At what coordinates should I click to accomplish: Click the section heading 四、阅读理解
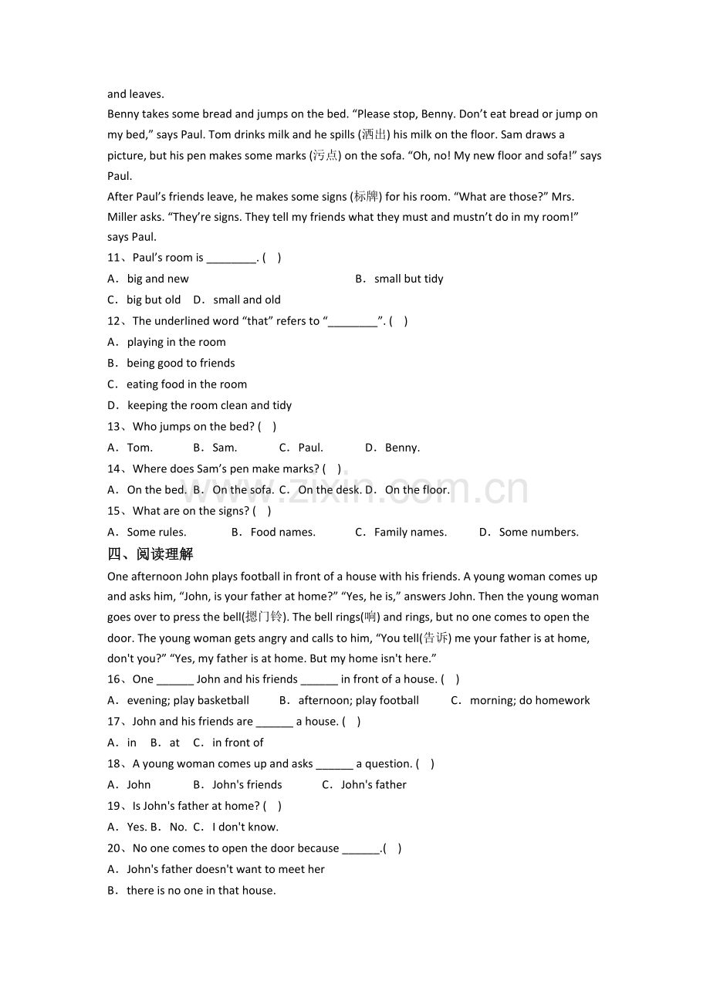(150, 554)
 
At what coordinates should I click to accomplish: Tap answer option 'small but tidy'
(408, 279)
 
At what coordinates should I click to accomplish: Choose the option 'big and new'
(157, 279)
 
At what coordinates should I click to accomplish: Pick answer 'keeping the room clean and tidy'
(209, 405)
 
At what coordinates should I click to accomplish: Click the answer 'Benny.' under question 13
(402, 448)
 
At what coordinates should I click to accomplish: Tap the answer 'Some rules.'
(157, 532)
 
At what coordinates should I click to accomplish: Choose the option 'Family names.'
(410, 532)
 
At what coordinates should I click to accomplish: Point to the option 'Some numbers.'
(539, 532)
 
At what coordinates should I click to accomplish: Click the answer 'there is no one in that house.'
(201, 891)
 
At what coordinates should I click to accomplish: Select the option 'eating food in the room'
(187, 384)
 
